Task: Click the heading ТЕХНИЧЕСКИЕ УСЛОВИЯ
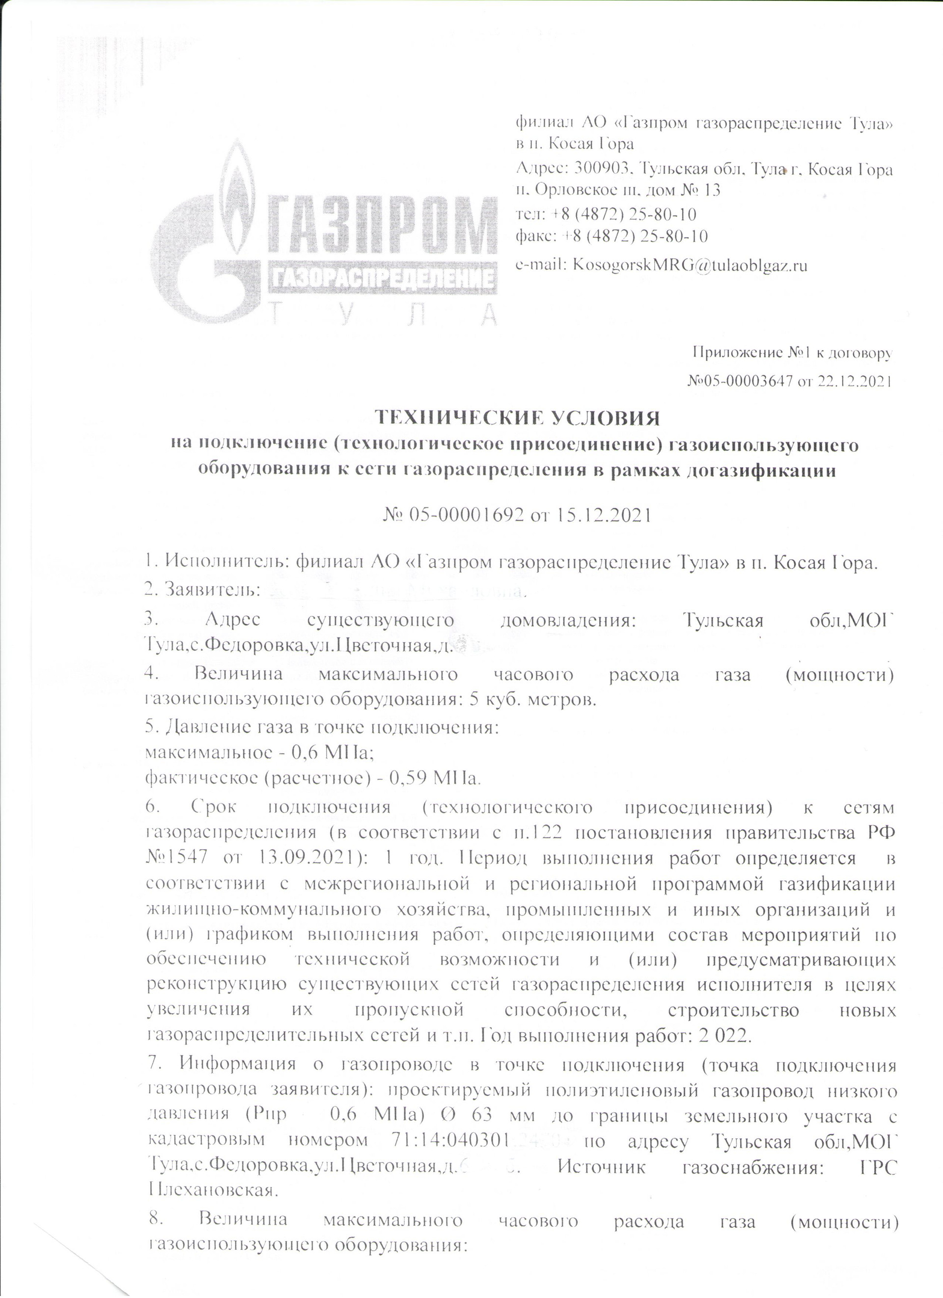[517, 418]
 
